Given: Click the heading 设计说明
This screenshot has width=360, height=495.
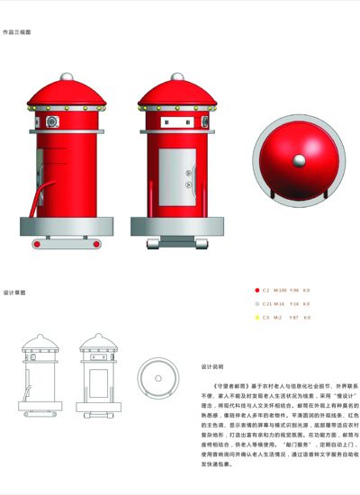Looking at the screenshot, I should [x=211, y=367].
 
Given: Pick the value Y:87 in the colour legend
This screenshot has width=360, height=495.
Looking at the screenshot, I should [x=294, y=318].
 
